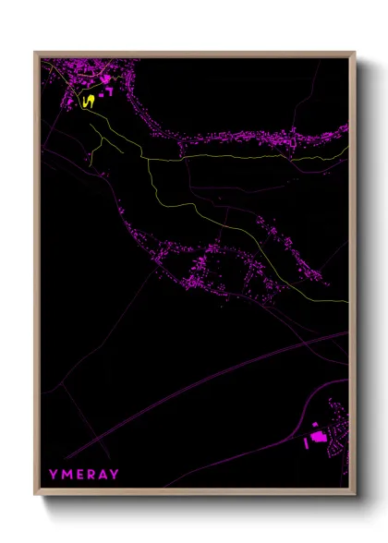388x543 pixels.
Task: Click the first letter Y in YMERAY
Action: pyautogui.click(x=54, y=474)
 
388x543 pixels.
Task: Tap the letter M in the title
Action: pyautogui.click(x=66, y=474)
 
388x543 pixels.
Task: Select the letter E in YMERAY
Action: pyautogui.click(x=79, y=474)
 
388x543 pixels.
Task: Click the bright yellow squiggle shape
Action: pyautogui.click(x=90, y=101)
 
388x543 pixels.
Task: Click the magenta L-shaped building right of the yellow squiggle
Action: pyautogui.click(x=108, y=91)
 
